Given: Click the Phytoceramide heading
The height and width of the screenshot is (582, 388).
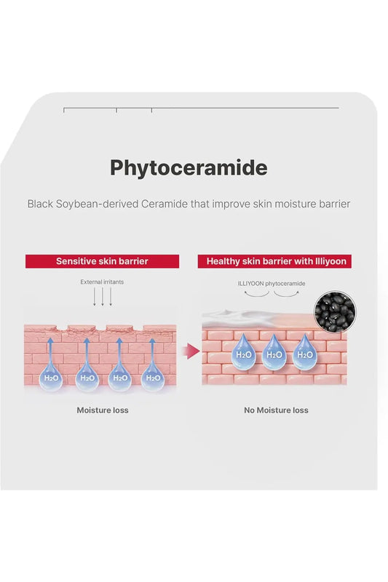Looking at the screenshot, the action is (x=189, y=169).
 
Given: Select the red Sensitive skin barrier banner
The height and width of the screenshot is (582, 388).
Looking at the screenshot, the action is (x=102, y=261).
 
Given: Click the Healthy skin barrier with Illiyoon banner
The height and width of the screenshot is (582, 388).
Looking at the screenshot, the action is (x=274, y=261).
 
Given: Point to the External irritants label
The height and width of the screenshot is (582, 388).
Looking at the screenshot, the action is (x=102, y=282).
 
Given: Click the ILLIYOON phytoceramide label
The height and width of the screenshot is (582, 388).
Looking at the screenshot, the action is (x=272, y=284).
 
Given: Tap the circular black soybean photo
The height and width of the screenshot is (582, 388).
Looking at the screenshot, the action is (x=335, y=311).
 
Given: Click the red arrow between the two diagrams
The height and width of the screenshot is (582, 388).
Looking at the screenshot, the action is (x=191, y=351).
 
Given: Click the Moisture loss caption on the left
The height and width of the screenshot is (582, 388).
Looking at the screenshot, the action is (x=103, y=410).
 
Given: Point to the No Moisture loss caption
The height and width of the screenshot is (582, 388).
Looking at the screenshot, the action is (x=276, y=410).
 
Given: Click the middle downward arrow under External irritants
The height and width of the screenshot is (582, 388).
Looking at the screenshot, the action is (x=103, y=297).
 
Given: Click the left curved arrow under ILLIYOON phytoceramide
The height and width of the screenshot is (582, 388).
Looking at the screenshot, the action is (x=256, y=295).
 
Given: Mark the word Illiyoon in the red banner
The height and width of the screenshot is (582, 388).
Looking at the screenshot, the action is (x=330, y=261).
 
